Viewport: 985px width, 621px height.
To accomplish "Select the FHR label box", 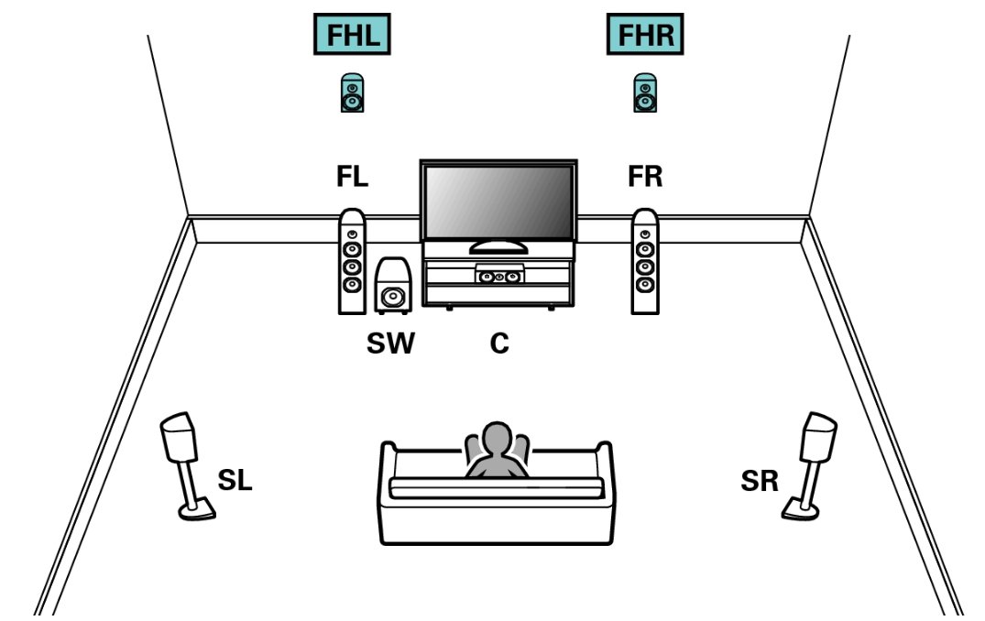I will click(646, 36).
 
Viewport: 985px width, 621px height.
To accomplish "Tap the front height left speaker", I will click(352, 93).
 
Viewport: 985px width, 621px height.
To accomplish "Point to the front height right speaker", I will click(646, 93).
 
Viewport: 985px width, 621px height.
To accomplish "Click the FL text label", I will click(352, 178).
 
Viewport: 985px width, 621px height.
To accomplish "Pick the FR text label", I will click(646, 178).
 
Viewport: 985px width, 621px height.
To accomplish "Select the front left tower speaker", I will click(352, 262).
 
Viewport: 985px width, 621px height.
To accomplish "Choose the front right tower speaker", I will click(646, 262).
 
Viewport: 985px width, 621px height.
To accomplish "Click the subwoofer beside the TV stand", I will click(393, 287).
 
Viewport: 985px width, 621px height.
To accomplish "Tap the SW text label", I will click(391, 344).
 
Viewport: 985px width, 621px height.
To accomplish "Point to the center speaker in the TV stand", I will click(499, 274).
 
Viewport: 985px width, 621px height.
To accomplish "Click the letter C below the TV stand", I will click(499, 344).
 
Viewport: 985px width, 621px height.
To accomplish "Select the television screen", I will click(498, 202).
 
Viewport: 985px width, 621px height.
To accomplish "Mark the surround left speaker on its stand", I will click(180, 439).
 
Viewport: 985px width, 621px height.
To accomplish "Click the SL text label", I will click(234, 479).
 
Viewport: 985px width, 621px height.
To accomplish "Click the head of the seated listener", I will click(496, 437).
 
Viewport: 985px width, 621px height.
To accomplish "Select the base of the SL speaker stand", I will click(197, 512).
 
